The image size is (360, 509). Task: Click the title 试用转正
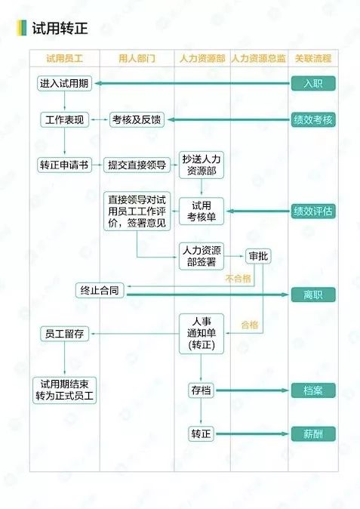[x=60, y=28]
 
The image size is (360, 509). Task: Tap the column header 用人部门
[x=137, y=58]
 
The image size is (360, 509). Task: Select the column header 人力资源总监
[x=259, y=58]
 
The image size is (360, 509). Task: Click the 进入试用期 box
[x=64, y=83]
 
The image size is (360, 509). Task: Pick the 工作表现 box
[x=64, y=120]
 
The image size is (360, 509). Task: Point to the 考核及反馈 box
[x=137, y=120]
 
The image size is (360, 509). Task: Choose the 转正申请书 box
[x=64, y=165]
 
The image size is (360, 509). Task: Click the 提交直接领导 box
[x=137, y=165]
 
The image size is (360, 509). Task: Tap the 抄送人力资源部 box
[x=202, y=165]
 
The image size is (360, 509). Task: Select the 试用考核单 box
[x=202, y=211]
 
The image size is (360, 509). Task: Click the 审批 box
[x=258, y=256]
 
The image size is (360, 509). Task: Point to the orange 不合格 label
[x=238, y=278]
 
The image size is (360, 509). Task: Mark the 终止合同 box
[x=100, y=290]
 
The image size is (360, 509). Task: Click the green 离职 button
[x=313, y=295]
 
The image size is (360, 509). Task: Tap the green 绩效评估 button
[x=313, y=211]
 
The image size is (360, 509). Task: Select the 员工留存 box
[x=64, y=334]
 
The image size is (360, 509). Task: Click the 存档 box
[x=201, y=390]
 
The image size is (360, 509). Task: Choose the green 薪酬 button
[x=313, y=434]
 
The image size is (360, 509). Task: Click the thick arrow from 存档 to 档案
[x=252, y=390]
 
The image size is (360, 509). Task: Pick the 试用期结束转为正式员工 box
[x=64, y=390]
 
